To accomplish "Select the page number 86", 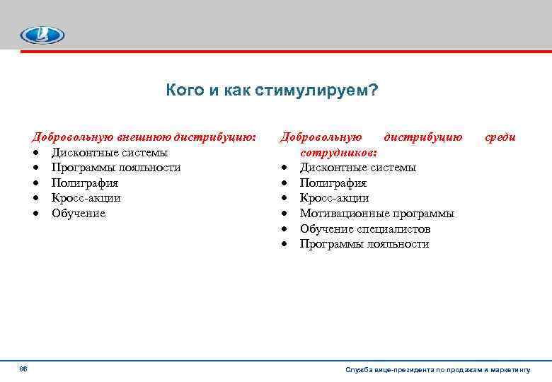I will point(23,369).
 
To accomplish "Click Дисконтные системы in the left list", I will point(110,152).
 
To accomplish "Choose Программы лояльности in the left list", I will point(115,168).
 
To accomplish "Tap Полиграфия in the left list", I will point(84,183).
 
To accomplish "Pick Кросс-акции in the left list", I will point(86,198).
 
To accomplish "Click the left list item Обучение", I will point(78,213).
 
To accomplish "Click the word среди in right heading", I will point(500,137).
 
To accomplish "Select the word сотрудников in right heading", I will point(338,152).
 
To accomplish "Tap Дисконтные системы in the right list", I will point(358,168).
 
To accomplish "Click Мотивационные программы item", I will point(377,213).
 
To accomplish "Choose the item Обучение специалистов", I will point(365,228).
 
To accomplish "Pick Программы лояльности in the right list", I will point(364,244).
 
